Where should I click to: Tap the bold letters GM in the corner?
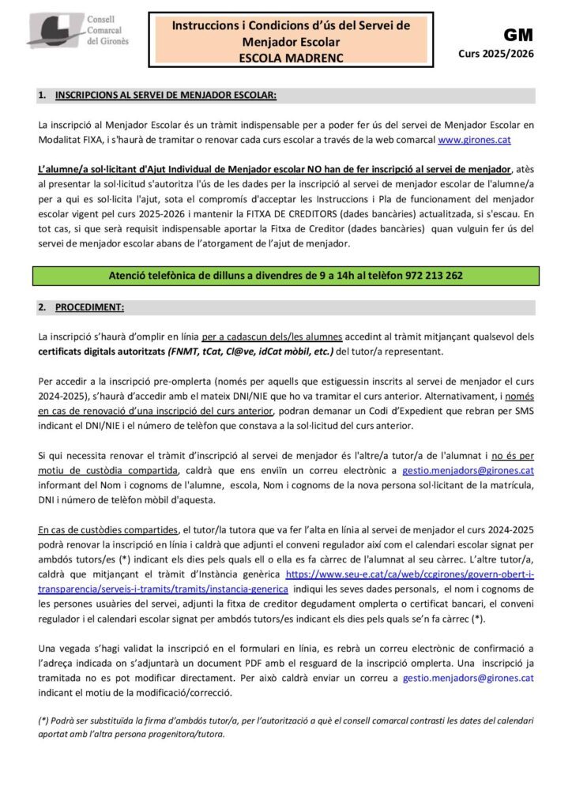click(x=518, y=35)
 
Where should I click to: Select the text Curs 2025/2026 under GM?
click(x=495, y=54)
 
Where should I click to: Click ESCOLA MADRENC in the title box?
click(x=291, y=58)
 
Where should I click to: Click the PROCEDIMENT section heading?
click(x=89, y=307)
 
